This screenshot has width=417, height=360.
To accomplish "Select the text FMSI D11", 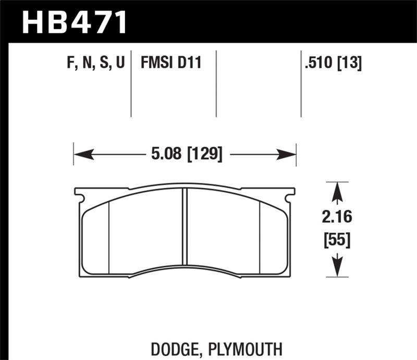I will click(170, 64).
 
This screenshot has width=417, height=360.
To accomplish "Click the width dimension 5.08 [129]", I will click(185, 154).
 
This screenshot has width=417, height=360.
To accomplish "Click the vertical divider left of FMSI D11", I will click(131, 83).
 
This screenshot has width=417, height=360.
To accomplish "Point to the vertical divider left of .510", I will click(301, 83).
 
